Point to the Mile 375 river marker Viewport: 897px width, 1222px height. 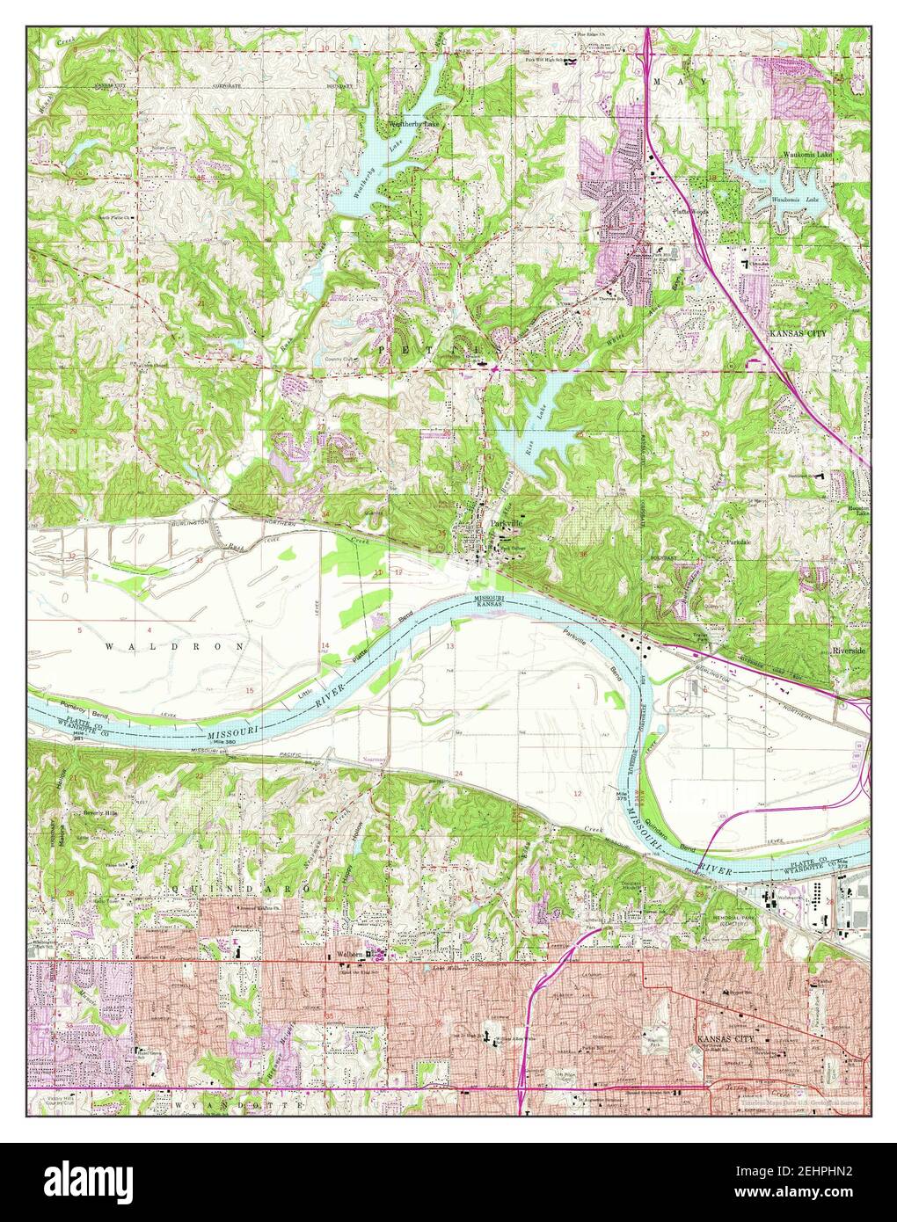(x=623, y=796)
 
